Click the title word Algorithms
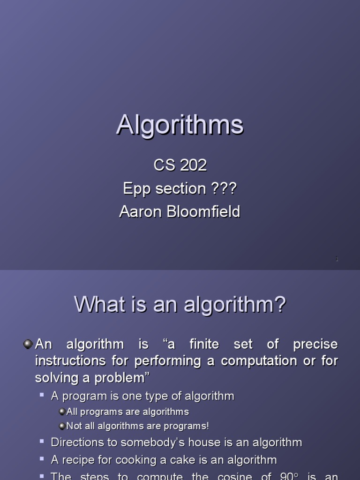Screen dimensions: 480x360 point(180,126)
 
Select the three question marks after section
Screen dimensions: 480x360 point(224,188)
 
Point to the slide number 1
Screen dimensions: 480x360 point(337,259)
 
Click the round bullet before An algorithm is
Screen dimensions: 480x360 point(28,345)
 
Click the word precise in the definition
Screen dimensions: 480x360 point(315,345)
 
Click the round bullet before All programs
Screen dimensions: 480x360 point(62,412)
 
